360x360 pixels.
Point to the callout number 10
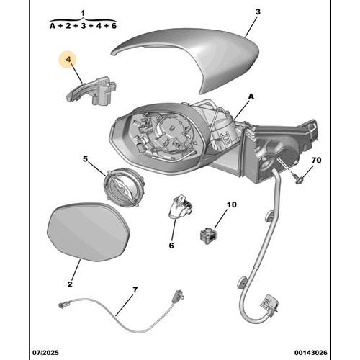point(231,204)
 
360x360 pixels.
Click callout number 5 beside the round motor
point(85,159)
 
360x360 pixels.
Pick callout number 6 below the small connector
point(172,246)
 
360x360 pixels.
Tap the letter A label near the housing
point(251,95)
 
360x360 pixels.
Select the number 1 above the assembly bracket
point(83,13)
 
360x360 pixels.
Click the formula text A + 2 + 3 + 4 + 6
point(83,25)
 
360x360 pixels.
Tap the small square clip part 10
point(209,232)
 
